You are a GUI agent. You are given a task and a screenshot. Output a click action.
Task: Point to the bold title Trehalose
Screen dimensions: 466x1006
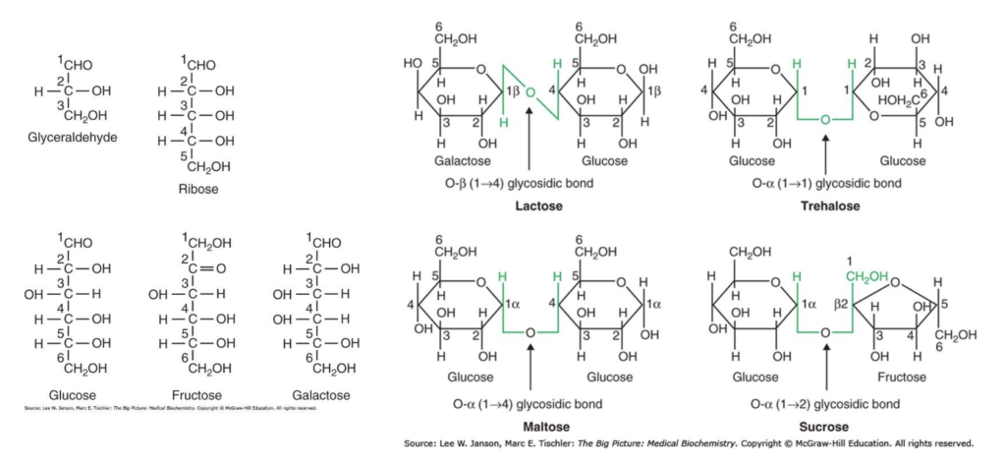tap(830, 206)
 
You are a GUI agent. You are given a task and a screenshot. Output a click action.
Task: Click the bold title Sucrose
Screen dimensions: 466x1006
tap(830, 428)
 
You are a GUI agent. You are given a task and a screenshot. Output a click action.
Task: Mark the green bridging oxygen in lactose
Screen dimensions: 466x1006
tap(530, 93)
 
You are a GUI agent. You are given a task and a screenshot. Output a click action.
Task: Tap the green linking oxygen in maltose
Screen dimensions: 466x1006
tap(530, 333)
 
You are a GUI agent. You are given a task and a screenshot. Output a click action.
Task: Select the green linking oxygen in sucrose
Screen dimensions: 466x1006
tap(825, 333)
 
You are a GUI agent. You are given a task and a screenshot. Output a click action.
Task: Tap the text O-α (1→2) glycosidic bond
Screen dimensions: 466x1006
tap(830, 403)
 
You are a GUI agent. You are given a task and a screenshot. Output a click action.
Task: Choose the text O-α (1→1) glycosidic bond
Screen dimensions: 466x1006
tap(830, 183)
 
